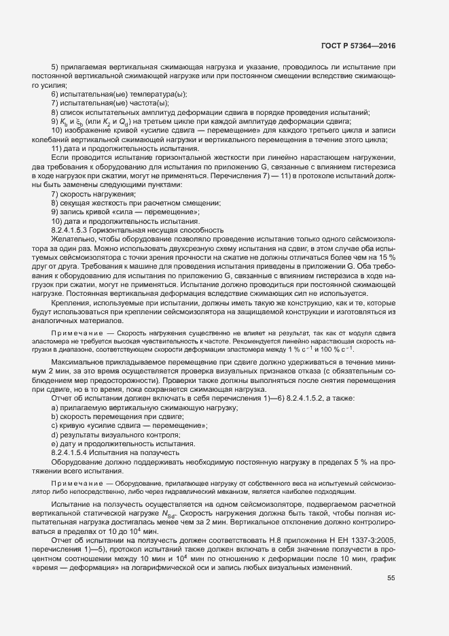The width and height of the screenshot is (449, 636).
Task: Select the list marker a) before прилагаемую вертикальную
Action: point(54,407)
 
